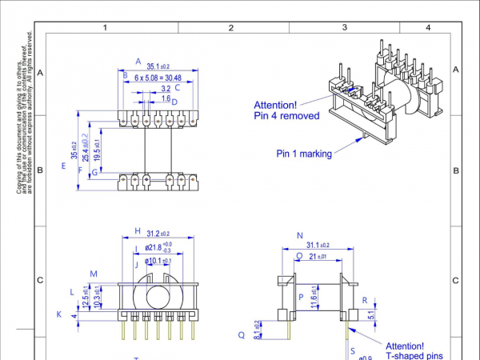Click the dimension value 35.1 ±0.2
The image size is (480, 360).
tap(158, 67)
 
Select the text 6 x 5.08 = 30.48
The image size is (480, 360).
tap(158, 78)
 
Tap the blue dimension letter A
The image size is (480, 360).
tap(138, 61)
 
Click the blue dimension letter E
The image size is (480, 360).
tap(62, 166)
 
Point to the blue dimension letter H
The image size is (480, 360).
tap(138, 230)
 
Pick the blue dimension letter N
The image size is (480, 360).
tap(299, 236)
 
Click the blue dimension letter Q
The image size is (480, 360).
tap(241, 335)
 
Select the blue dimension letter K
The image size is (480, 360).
tap(58, 314)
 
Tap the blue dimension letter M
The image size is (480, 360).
tap(94, 274)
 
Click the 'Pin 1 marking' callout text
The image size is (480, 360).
tap(304, 154)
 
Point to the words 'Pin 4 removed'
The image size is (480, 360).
tap(286, 116)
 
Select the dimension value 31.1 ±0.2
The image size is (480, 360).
tap(318, 246)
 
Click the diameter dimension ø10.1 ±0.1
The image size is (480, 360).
tap(157, 262)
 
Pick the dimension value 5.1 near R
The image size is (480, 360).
tap(370, 314)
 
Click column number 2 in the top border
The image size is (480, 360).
tap(230, 28)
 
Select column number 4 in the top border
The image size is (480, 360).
tap(427, 28)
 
